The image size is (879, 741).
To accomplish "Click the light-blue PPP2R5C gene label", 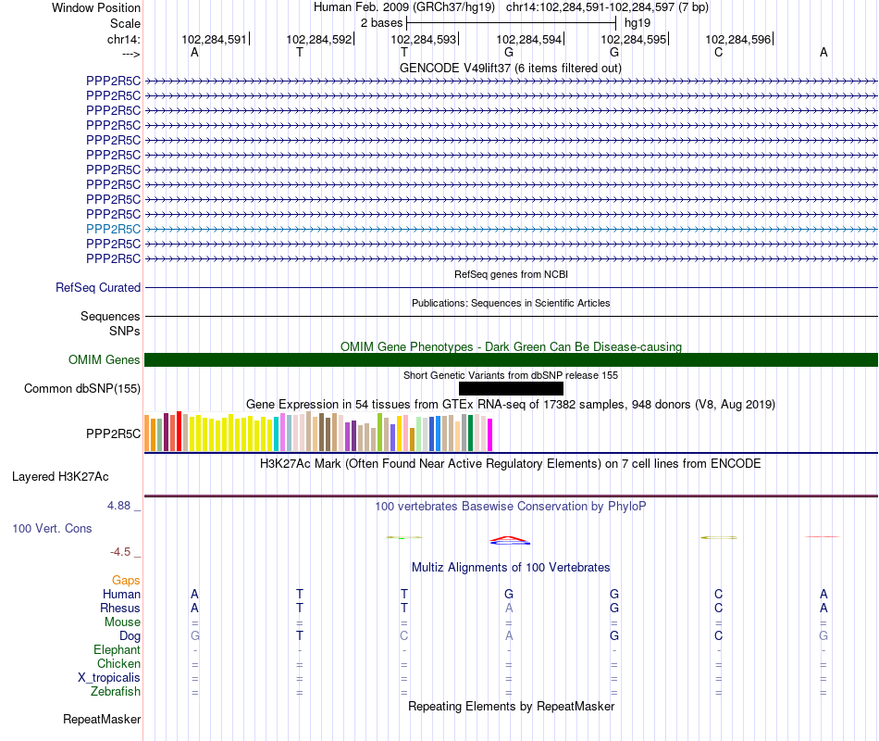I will (x=113, y=229).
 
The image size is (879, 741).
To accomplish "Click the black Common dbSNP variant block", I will (x=511, y=388).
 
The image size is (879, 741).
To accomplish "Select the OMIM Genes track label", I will (x=105, y=359).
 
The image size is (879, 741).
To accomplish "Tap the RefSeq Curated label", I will (x=98, y=288).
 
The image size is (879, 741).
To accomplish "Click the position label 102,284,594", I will (x=528, y=40).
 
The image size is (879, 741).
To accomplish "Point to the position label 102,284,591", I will (x=215, y=40).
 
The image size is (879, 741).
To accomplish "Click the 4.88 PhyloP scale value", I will (x=119, y=506).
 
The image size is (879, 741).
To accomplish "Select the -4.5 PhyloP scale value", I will (x=120, y=552).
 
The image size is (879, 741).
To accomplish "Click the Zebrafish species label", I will (x=116, y=691).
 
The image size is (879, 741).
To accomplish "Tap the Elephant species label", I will (x=117, y=649).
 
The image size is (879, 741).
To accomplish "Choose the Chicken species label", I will (x=118, y=663).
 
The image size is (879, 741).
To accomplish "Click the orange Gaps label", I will (x=125, y=580).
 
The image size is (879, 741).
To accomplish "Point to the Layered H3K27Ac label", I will (x=60, y=477).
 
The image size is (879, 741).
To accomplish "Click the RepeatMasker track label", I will (x=102, y=719).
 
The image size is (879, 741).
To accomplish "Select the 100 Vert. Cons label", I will (x=52, y=528).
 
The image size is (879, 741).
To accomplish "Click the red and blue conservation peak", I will (x=509, y=539).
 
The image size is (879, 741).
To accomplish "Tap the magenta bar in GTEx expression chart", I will (x=490, y=435).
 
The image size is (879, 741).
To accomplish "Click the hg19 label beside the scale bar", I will (x=638, y=21).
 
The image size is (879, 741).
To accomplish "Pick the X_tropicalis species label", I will (x=109, y=677).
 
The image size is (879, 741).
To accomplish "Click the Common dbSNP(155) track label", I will (x=82, y=388).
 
